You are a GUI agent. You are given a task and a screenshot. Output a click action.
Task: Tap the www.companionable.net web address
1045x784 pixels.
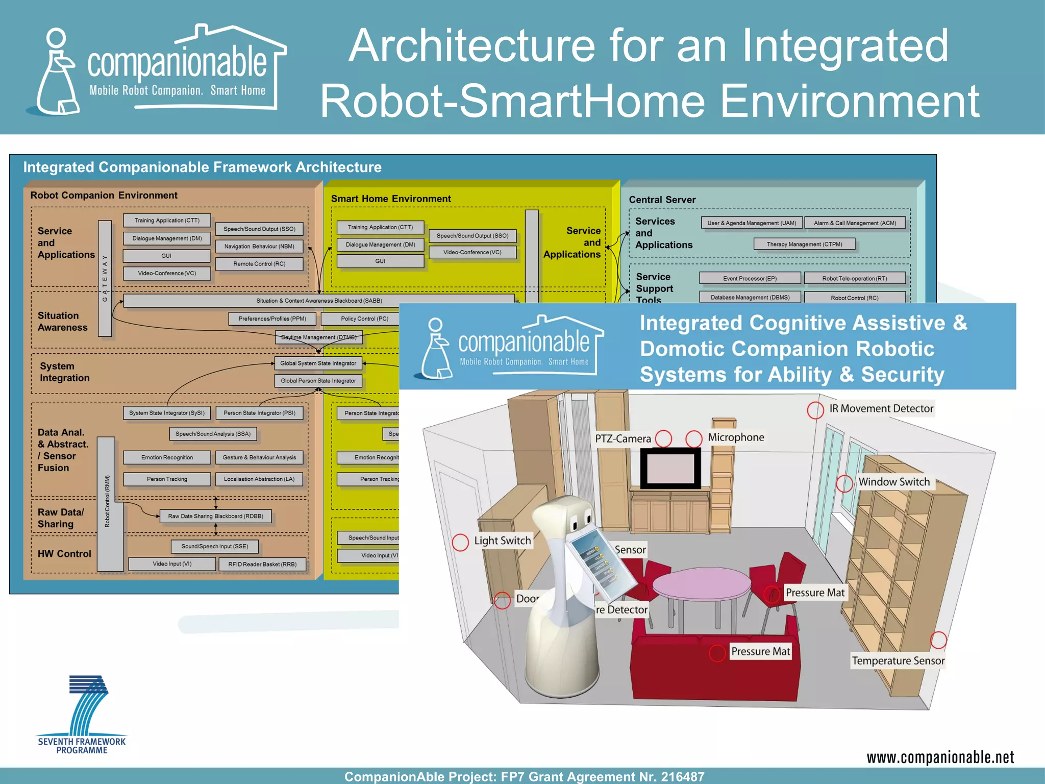(x=940, y=757)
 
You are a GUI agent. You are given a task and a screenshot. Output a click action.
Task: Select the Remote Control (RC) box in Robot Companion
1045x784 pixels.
(x=259, y=264)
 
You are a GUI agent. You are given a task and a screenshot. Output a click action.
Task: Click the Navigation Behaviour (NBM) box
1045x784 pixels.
(x=259, y=247)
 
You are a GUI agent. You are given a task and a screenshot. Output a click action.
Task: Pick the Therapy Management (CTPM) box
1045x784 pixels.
(x=804, y=244)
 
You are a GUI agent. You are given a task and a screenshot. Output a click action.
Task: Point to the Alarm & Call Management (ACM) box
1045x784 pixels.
(x=855, y=223)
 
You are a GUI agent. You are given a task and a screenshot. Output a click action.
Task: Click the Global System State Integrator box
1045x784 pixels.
(x=318, y=363)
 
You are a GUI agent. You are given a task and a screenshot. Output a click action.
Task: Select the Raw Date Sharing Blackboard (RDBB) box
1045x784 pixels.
(x=215, y=517)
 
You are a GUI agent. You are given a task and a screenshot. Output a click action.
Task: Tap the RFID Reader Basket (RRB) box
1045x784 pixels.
(x=262, y=565)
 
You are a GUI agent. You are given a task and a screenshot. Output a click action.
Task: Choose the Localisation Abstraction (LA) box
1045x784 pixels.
(x=259, y=479)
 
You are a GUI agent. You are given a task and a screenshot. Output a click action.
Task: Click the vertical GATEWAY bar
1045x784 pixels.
(x=105, y=278)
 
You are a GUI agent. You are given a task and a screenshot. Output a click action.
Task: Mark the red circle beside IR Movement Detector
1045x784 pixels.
(x=815, y=410)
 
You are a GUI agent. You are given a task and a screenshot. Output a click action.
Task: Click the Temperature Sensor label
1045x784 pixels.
(x=898, y=661)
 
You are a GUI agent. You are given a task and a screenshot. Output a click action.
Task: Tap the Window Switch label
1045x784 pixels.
(x=893, y=482)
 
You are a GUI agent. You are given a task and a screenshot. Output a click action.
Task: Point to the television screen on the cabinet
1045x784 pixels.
(x=670, y=468)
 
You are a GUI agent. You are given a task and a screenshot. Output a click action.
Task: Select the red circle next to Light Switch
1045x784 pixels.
(x=460, y=543)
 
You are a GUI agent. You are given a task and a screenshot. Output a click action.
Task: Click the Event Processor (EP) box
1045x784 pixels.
(x=750, y=279)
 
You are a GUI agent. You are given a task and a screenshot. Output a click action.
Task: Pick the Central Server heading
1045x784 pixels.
(x=662, y=200)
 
